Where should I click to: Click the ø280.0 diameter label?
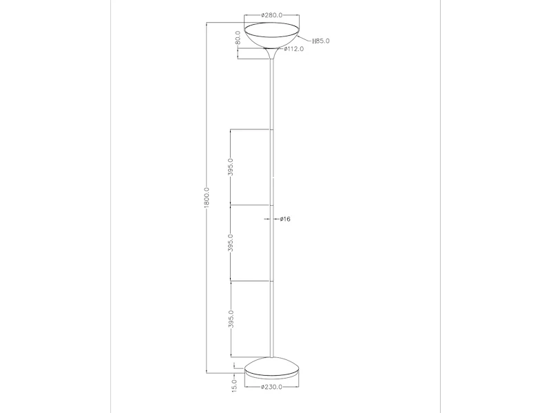click(271, 15)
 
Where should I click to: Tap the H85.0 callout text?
click(321, 41)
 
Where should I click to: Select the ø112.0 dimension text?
click(294, 49)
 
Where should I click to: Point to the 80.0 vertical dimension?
click(238, 38)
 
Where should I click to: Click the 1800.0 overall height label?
click(207, 198)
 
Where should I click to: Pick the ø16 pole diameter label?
click(285, 219)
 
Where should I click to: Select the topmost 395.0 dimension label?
click(231, 167)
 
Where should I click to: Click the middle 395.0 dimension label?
click(231, 243)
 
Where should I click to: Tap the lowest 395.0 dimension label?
click(231, 319)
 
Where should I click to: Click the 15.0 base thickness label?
click(234, 385)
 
